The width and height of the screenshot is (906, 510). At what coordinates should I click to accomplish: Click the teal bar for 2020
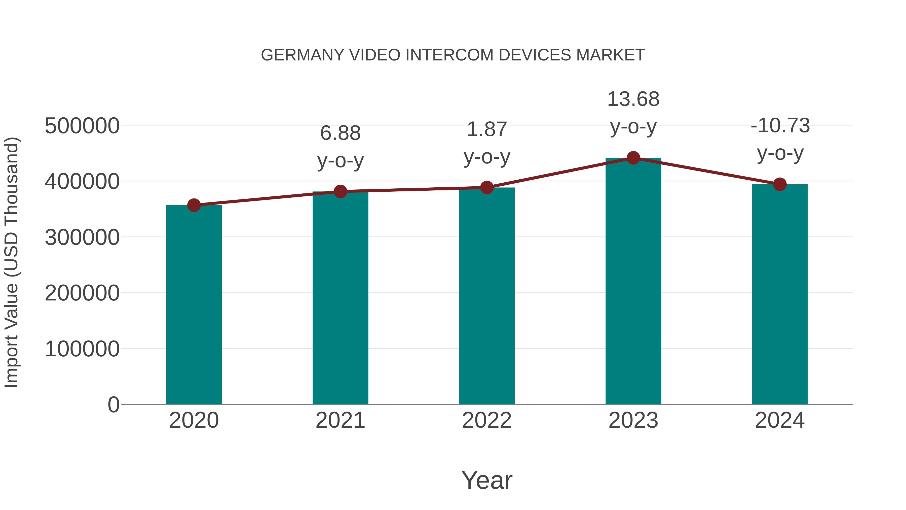pos(194,304)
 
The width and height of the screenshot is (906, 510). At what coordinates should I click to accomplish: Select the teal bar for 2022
pos(487,296)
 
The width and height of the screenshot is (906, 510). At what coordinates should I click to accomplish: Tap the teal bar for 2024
pos(780,294)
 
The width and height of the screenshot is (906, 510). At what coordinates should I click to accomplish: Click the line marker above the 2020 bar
pos(194,205)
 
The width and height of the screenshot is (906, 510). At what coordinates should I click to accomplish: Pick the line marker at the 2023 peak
pos(633,158)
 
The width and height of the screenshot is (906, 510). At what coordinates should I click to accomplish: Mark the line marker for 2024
pos(780,184)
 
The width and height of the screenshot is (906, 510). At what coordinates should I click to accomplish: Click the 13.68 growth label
pos(633,99)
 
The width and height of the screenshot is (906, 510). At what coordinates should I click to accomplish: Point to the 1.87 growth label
pos(487,129)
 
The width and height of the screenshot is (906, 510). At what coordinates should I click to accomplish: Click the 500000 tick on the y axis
pos(82,126)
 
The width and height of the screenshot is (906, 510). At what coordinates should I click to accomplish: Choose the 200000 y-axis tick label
pos(82,293)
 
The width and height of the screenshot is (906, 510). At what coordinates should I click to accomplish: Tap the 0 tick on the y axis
pos(114,404)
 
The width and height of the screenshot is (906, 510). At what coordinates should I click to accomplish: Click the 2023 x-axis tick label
pos(633,420)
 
